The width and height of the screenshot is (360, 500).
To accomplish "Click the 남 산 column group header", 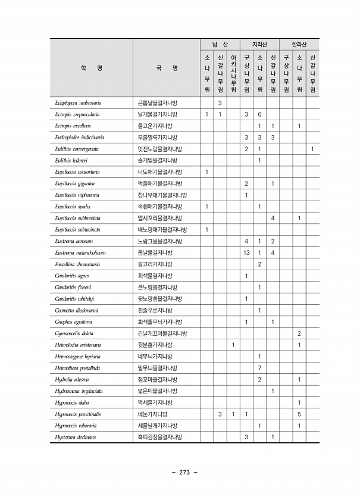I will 220,45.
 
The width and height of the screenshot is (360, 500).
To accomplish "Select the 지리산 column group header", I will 259,45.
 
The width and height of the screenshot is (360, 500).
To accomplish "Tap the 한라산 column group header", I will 299,45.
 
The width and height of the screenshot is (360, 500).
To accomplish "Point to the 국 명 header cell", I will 166,68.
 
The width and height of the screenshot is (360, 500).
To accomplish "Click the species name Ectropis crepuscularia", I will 77,114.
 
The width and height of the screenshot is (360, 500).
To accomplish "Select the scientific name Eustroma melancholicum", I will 80,252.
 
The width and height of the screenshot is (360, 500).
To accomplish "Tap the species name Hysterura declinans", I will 76,437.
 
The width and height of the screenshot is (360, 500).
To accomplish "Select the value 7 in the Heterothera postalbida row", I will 259,368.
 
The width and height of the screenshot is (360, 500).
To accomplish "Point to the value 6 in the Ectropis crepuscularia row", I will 259,114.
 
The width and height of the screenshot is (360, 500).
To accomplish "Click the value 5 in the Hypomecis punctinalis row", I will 299,414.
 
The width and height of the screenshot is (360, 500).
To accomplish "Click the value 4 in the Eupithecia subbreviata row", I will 273,218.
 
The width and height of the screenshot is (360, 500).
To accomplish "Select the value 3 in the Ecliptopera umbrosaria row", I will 220,103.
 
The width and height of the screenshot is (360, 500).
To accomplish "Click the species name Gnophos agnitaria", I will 73,322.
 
